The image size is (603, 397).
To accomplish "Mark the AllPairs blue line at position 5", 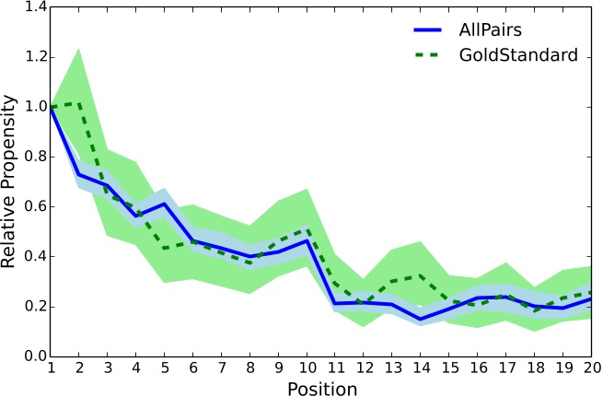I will pos(161,204).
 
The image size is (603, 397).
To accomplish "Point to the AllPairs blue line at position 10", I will pos(304,240).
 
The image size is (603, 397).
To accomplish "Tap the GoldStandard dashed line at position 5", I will pos(161,248).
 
